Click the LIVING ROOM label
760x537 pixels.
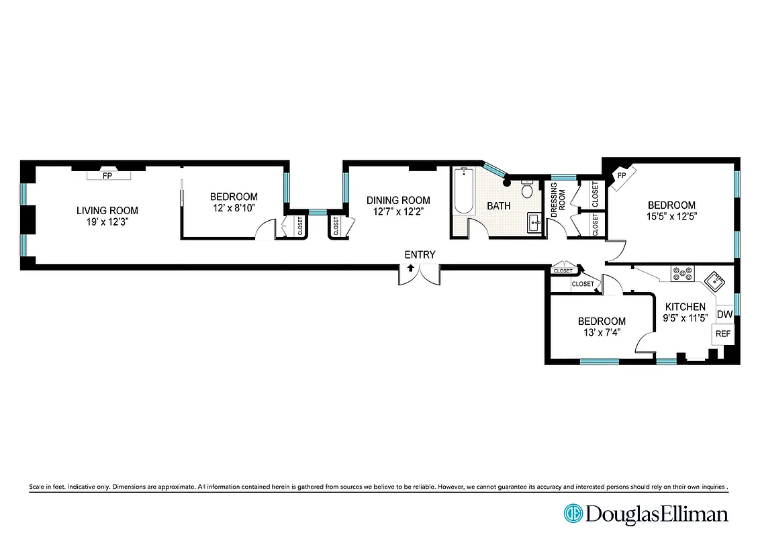[x=107, y=211]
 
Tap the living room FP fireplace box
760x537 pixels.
[x=107, y=176]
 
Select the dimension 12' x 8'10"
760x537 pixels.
[x=234, y=209]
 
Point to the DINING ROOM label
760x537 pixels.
[x=398, y=200]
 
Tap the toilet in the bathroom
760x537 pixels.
[x=527, y=191]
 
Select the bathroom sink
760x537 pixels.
[x=535, y=221]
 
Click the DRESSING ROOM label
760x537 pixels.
[x=558, y=199]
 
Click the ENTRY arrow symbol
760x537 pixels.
[x=410, y=268]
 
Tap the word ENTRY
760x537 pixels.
[x=420, y=254]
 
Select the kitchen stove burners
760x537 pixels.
[x=683, y=273]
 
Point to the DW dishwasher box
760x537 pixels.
[x=724, y=314]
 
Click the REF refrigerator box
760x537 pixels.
[x=722, y=334]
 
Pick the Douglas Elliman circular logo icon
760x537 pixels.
[x=573, y=514]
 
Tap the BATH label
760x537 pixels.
[x=498, y=206]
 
